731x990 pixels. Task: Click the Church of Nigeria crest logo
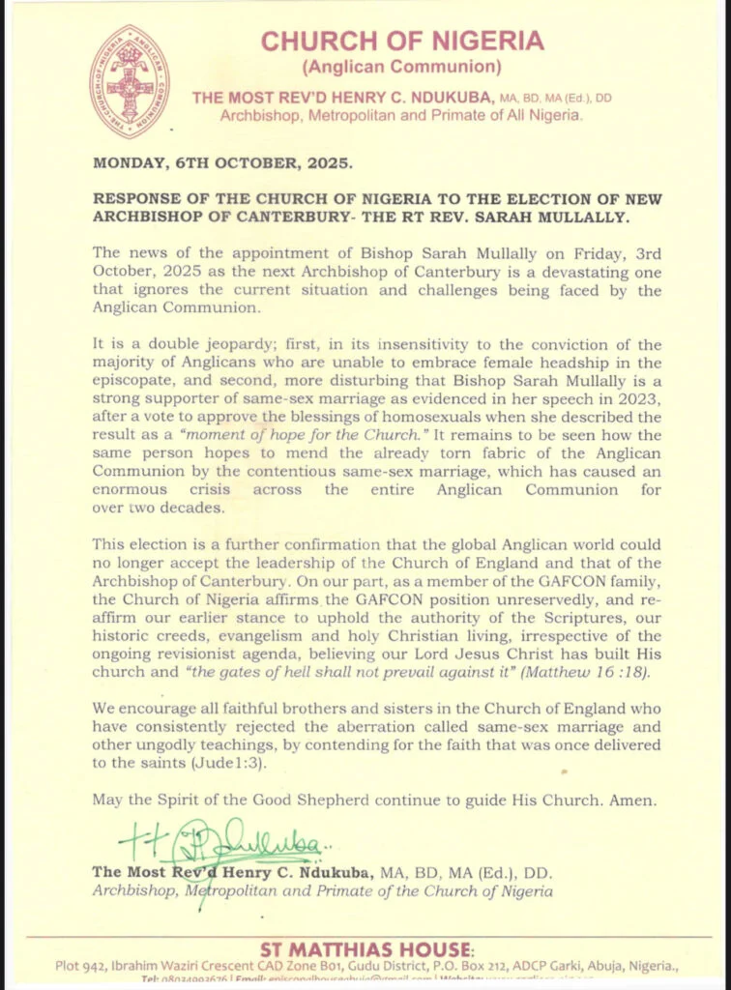click(129, 80)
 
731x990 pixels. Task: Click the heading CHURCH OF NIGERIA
click(402, 42)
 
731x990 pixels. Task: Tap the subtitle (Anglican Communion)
click(401, 68)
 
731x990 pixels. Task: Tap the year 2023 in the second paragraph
click(636, 400)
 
